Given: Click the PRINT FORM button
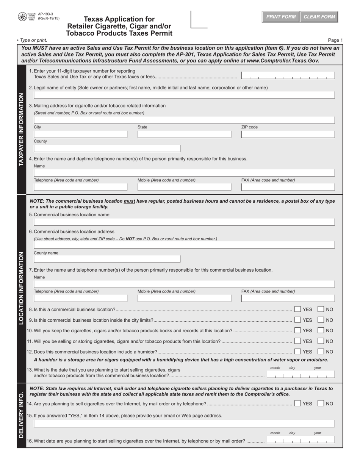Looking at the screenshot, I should (x=281, y=17).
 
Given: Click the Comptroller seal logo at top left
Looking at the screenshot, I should (x=22, y=17).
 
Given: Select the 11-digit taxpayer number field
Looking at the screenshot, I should (x=288, y=76).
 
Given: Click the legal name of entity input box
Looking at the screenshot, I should (x=184, y=95).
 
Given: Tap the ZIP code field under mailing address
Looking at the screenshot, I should (x=288, y=134).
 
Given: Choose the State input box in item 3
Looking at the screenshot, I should (x=184, y=134).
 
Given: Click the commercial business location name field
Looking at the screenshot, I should (x=184, y=222).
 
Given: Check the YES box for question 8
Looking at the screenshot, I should (x=298, y=310).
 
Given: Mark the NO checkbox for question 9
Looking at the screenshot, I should (x=321, y=320).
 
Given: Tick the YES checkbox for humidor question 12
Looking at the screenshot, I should (x=298, y=352).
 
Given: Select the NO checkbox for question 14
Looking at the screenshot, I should (x=321, y=403).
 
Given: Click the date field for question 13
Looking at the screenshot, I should (x=301, y=375).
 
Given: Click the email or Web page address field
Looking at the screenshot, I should (x=184, y=423).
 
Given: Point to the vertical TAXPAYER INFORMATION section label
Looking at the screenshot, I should (x=21, y=129).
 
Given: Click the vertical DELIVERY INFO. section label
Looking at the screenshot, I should (x=21, y=415).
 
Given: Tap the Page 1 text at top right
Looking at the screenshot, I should (x=335, y=40).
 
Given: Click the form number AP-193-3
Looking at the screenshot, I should (x=45, y=14).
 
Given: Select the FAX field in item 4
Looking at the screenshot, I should (x=288, y=187).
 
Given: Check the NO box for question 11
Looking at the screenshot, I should (x=321, y=341).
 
